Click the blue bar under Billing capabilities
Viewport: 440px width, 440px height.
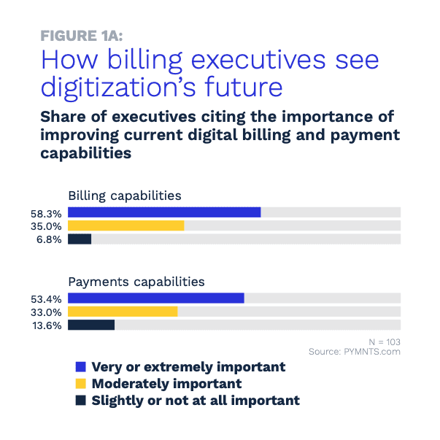tap(164, 212)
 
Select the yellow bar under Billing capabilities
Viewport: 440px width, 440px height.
tap(126, 225)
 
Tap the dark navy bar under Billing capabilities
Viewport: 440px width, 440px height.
tap(80, 239)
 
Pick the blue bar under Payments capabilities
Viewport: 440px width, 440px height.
tap(155, 298)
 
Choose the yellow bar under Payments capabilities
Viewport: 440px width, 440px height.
tap(123, 312)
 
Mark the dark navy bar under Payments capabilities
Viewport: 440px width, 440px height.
tap(91, 325)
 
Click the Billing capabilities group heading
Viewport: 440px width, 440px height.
tap(125, 196)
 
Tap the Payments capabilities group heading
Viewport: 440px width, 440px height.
tap(136, 281)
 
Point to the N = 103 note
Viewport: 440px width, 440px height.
tap(384, 341)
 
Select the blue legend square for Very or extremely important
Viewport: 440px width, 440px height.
tap(81, 366)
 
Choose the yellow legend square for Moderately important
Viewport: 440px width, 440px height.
tap(81, 383)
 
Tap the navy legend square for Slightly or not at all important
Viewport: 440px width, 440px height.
tap(81, 400)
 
